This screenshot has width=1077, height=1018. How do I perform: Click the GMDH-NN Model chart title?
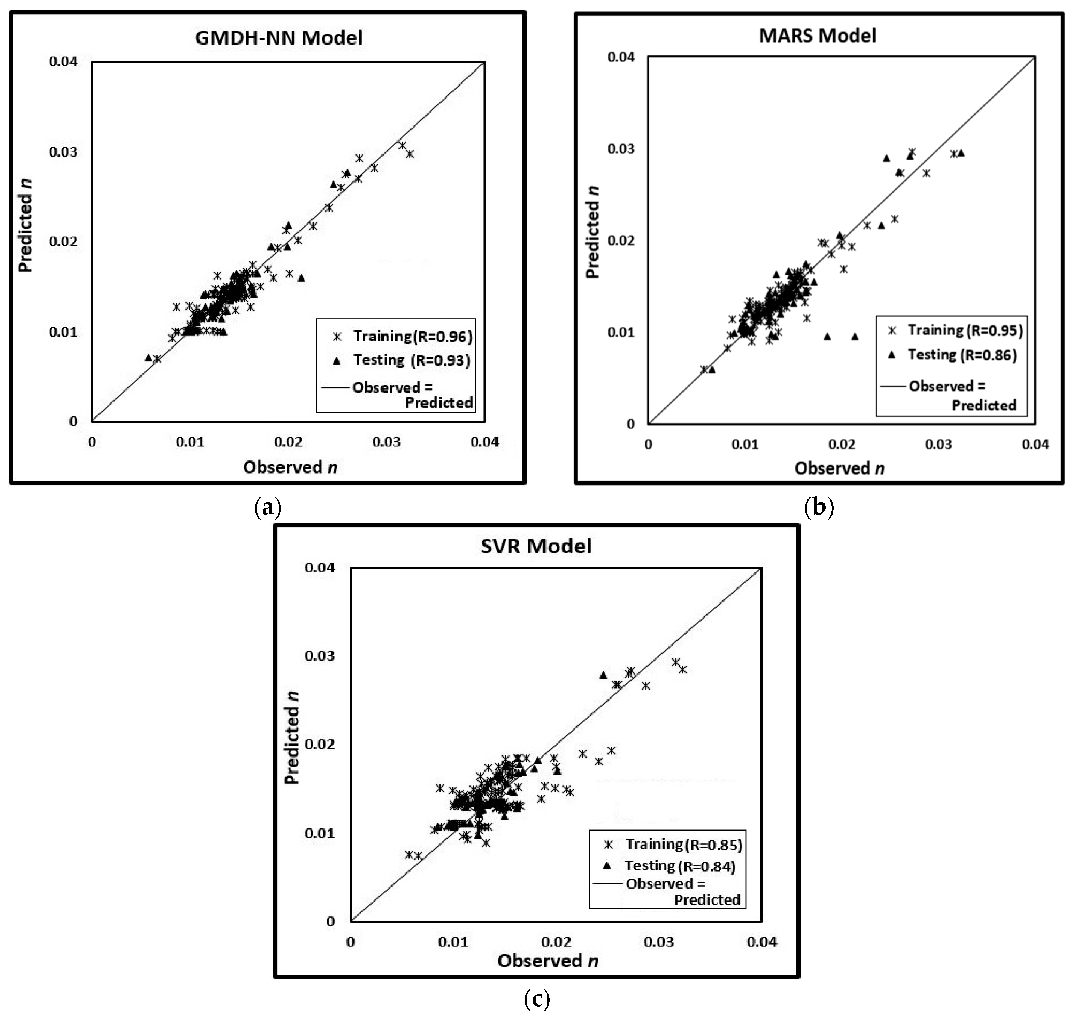[279, 37]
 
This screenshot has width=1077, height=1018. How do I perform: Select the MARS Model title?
[817, 35]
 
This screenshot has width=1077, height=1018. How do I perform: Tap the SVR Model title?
[536, 545]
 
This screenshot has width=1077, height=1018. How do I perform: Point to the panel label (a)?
[267, 508]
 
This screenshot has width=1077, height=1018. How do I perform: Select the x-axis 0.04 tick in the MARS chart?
[1035, 444]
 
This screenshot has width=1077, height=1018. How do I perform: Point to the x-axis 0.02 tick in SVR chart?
[556, 941]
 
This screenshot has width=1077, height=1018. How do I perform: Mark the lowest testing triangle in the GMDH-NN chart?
[148, 357]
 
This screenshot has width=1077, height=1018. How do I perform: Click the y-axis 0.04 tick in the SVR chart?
[320, 568]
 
